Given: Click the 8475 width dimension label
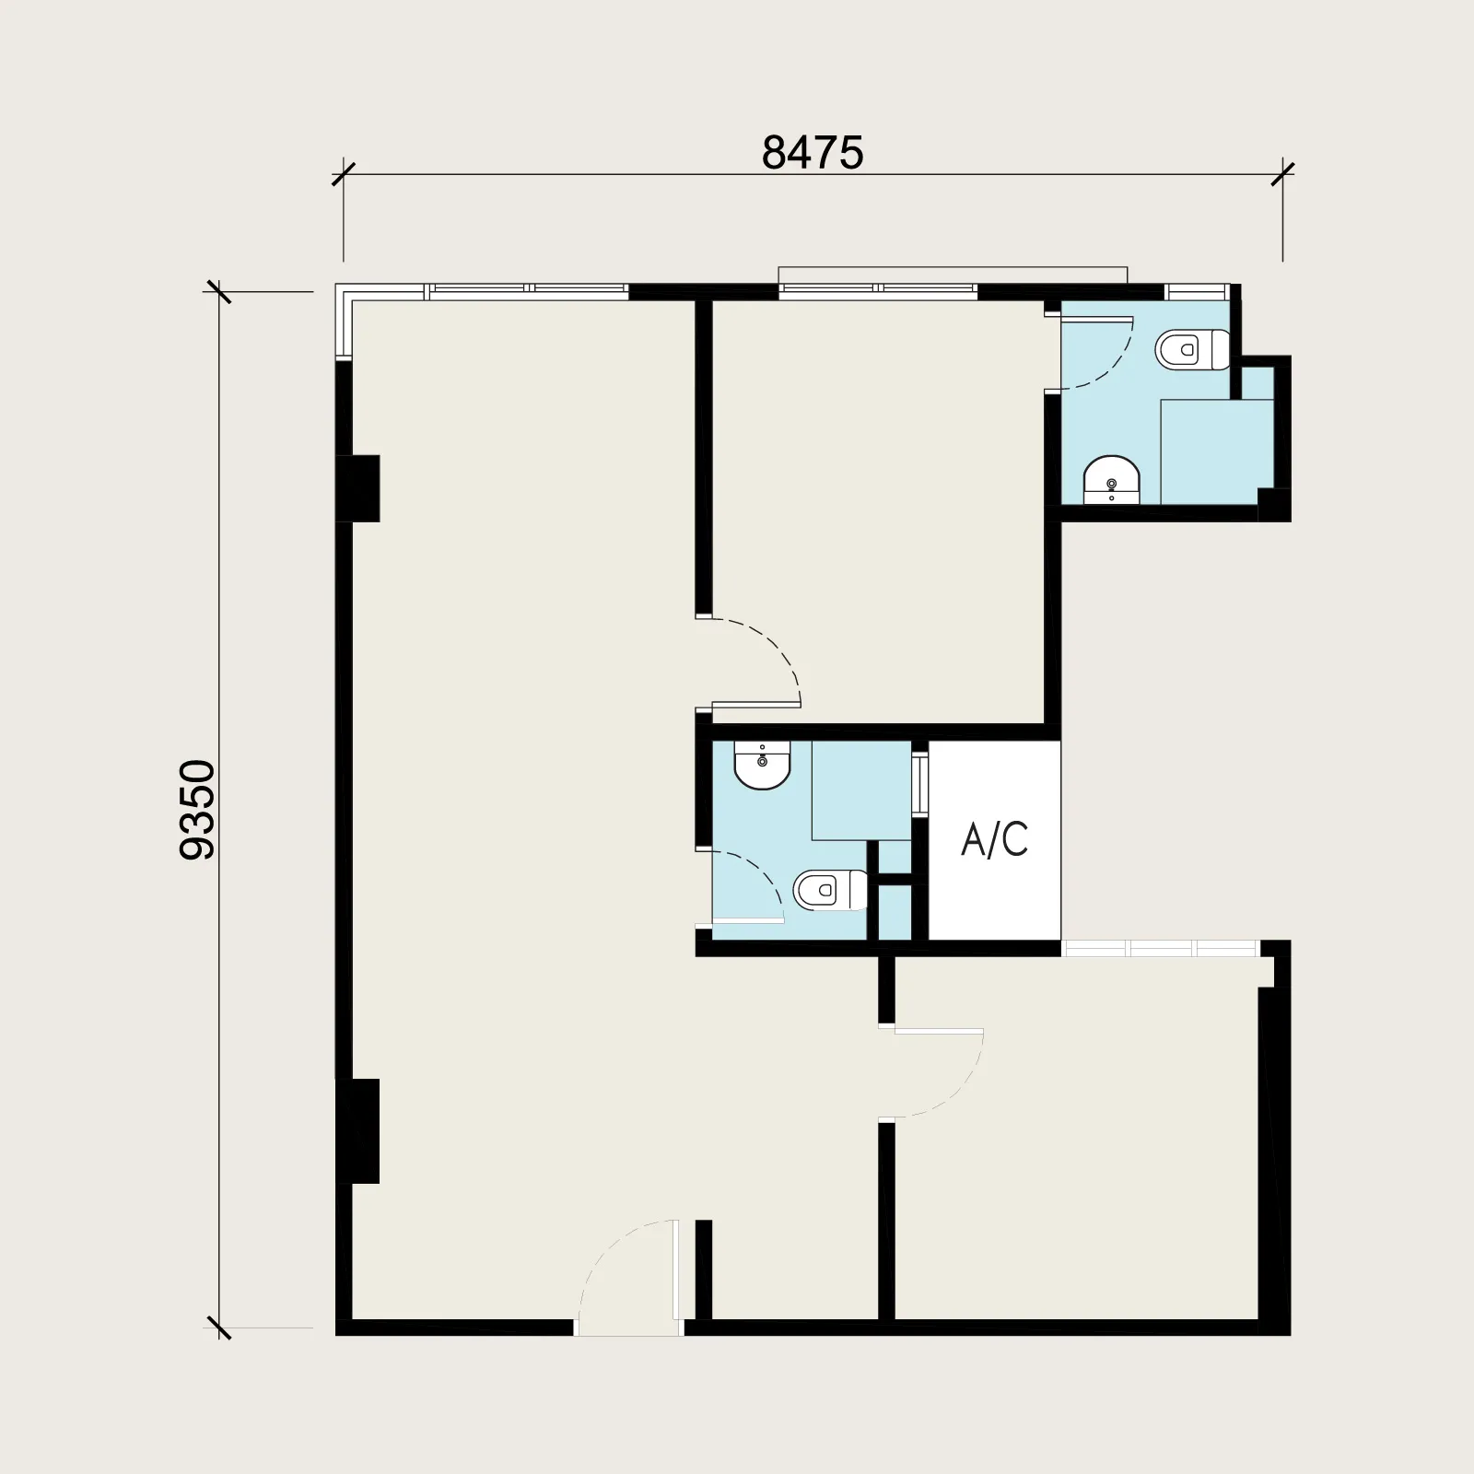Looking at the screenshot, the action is (x=813, y=153).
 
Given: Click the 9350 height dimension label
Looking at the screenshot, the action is (x=197, y=810).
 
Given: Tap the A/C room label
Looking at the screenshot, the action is (x=994, y=839).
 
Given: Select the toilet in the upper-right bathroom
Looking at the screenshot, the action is (x=1193, y=349).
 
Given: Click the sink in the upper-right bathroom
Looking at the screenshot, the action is (x=1112, y=479).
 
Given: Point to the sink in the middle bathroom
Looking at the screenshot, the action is (x=762, y=766).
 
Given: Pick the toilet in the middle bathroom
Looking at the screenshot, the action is (x=830, y=890).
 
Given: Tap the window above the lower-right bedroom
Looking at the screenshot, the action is (x=1160, y=949).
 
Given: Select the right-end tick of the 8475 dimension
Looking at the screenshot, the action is (x=1282, y=173).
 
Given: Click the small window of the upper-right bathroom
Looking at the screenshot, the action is (x=1197, y=292).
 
